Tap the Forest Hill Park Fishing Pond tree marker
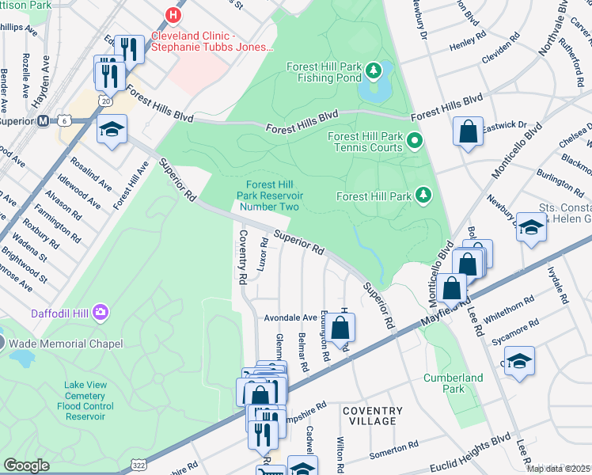click(x=374, y=73)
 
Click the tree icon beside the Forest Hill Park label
click(x=424, y=196)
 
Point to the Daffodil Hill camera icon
click(x=101, y=313)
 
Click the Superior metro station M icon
click(x=44, y=121)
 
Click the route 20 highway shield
click(x=105, y=101)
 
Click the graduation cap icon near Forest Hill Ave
click(x=112, y=129)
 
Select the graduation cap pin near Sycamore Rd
click(x=519, y=361)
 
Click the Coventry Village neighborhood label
click(x=372, y=416)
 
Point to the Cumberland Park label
click(x=453, y=383)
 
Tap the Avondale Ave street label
click(x=290, y=317)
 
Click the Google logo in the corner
click(x=26, y=465)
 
